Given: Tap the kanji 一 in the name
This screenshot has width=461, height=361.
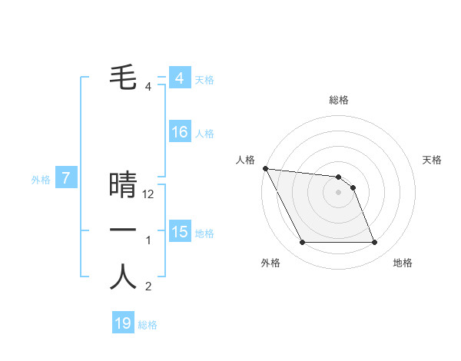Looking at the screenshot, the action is [x=123, y=230].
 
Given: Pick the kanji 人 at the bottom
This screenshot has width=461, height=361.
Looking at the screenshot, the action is [x=123, y=277].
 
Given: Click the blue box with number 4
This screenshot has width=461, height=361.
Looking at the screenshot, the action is [x=179, y=78].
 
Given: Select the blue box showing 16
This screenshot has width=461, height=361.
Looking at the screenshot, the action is [x=179, y=132].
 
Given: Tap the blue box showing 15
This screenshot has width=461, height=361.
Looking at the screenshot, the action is [x=179, y=231].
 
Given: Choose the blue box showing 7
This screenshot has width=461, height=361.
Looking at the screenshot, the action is [x=66, y=179].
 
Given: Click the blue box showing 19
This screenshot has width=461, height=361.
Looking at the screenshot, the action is [x=123, y=323].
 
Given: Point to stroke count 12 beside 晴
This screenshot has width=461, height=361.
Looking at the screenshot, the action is [x=149, y=195].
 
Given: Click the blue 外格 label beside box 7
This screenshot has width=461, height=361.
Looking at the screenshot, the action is [x=41, y=180].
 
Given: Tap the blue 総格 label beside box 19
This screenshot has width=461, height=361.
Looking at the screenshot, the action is [x=148, y=324].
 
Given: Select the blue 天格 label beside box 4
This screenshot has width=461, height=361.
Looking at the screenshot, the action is [x=204, y=79].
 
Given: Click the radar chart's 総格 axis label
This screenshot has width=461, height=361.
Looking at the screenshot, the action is [x=339, y=100].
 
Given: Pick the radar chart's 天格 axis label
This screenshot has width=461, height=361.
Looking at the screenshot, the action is [x=433, y=160].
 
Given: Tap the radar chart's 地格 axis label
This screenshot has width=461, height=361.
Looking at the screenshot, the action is [x=403, y=263].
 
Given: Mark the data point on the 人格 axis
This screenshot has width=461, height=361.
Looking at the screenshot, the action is [x=265, y=168].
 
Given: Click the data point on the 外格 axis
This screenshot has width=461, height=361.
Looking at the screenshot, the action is [x=302, y=243].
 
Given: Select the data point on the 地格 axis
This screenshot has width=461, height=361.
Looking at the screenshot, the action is [x=374, y=243].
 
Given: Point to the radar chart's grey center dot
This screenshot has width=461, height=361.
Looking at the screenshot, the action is [x=338, y=192].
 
